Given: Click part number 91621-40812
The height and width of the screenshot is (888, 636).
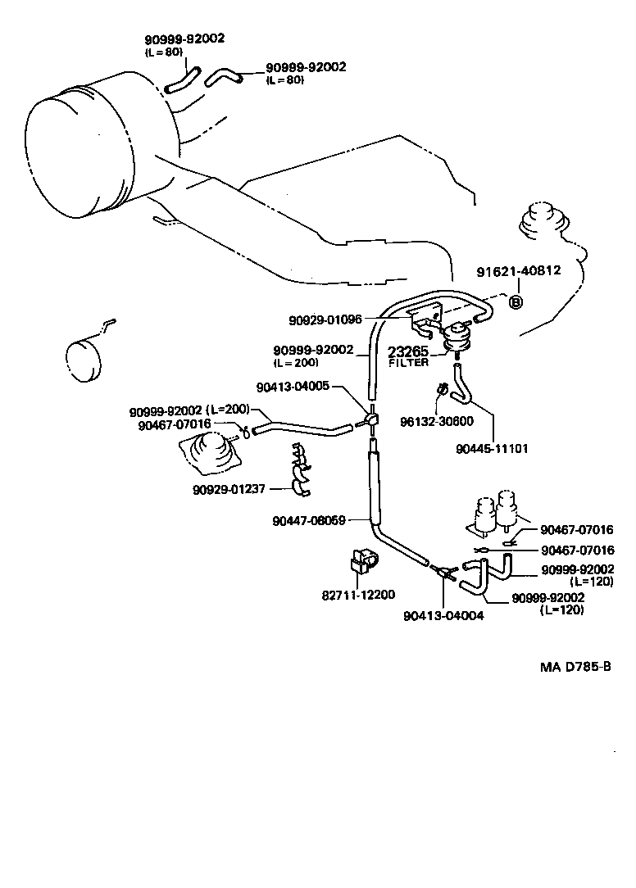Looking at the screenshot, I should [x=519, y=271].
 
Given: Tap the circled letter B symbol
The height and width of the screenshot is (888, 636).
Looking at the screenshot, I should [x=516, y=302].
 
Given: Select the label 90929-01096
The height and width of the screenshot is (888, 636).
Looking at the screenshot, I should [x=325, y=319].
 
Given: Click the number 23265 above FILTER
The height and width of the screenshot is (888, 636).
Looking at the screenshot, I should [x=408, y=351].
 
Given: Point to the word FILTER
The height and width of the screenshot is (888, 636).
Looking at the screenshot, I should [x=408, y=362].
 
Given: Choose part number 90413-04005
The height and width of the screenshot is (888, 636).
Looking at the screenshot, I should [x=293, y=386].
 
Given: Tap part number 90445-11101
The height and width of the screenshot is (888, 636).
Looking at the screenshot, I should [x=492, y=448].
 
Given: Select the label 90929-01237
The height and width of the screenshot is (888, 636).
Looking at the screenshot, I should [x=229, y=490].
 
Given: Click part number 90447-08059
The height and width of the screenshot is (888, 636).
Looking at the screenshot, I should [x=309, y=520].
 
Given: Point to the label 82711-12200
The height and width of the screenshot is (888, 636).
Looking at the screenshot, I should [x=358, y=594].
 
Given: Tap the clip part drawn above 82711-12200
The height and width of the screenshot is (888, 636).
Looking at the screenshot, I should [x=358, y=560].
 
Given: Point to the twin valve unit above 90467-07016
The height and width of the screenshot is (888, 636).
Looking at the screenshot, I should [x=495, y=510].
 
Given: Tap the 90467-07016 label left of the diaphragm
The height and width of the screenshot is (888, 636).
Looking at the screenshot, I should [x=175, y=424].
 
